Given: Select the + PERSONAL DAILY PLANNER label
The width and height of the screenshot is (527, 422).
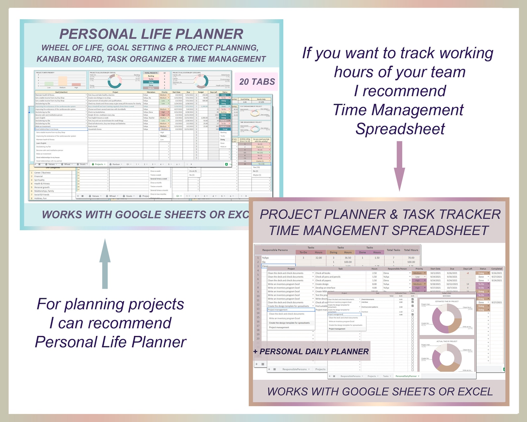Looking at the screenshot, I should pos(311,352).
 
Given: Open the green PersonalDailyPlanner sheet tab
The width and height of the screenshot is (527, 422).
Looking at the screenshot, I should pos(406,376).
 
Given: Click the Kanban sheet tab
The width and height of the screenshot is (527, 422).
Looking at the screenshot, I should pos(116,164).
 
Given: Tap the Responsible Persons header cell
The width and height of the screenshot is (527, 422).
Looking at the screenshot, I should pos(275,250).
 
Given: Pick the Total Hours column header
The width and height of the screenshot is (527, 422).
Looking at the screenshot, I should pos(411,250).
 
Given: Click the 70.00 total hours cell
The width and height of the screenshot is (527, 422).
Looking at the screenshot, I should pos(411,258).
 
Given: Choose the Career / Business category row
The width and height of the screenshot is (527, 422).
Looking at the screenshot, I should pos(42,172).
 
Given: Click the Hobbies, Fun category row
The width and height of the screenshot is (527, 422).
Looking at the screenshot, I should pos(40,198).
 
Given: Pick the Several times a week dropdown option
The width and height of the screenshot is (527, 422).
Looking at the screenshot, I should pos(159,179).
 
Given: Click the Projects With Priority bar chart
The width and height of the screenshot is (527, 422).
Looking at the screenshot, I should pos(61,80).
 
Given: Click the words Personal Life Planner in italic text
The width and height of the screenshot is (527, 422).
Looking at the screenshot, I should pos(111,342).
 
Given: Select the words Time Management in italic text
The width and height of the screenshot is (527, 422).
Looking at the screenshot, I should pos(398,110).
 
